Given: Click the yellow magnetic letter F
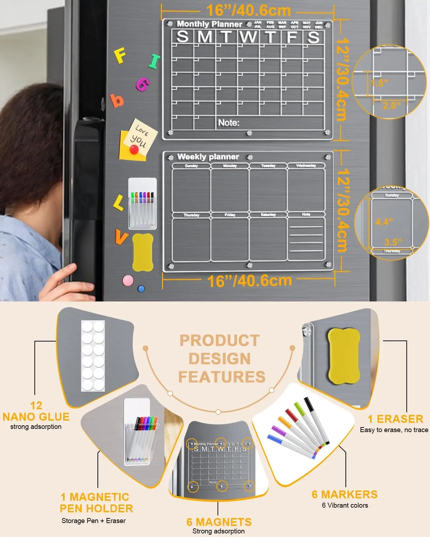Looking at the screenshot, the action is (x=120, y=56).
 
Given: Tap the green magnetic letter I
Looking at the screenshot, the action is (x=154, y=61).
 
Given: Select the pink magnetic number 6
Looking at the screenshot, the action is (x=143, y=84).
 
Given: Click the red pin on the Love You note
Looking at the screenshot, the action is (x=134, y=150).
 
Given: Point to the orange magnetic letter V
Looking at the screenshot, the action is (x=121, y=237).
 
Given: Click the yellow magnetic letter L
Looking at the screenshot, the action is (x=118, y=203).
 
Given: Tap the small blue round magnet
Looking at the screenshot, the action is (x=141, y=289).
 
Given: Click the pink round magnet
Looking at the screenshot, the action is (x=128, y=280).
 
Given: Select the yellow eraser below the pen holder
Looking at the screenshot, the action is (x=143, y=252).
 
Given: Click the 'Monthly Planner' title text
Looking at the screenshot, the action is (x=209, y=24).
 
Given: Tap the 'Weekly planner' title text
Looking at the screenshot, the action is (x=208, y=157).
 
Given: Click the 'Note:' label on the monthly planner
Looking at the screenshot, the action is (x=229, y=123).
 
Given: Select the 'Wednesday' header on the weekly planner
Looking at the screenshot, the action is (x=306, y=165).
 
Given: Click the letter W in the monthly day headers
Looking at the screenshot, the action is (x=248, y=37).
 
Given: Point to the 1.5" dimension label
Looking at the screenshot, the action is (x=379, y=83).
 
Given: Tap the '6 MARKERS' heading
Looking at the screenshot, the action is (x=345, y=494).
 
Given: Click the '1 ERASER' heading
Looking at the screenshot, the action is (x=395, y=419).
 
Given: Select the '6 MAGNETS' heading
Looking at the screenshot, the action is (x=219, y=522).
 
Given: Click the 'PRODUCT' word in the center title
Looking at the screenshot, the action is (x=220, y=340).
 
